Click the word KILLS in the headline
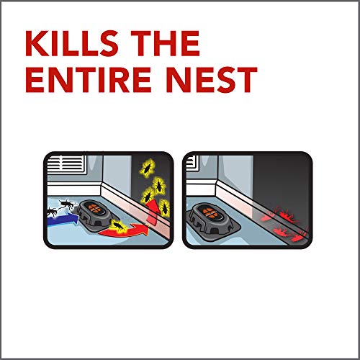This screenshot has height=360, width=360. [71, 43]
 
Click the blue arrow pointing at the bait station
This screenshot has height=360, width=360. [63, 219]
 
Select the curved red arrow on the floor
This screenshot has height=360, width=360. [124, 231]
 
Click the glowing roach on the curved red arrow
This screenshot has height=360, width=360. [118, 226]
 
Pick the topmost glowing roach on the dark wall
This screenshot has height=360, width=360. [147, 168]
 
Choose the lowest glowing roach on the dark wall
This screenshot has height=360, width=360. [164, 208]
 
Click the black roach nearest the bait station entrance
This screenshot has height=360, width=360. [66, 204]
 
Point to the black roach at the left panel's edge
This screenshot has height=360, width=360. [52, 212]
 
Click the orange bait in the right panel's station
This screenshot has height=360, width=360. [208, 213]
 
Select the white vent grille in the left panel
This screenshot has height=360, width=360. [66, 163]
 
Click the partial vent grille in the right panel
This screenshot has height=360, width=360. [192, 163]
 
